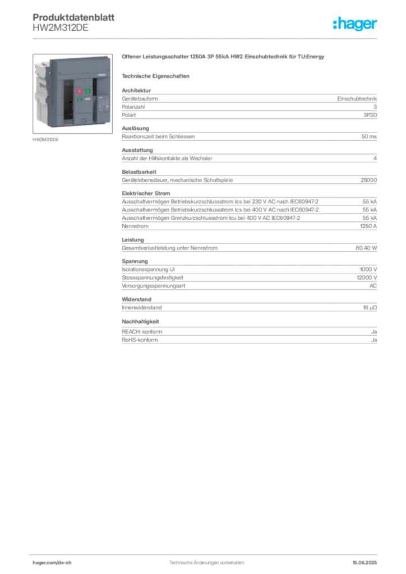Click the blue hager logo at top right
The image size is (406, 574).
pos(356,24)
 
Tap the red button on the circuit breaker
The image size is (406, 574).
pos(79,91)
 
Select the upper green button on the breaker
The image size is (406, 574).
pos(87,91)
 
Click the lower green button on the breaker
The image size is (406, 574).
pos(79,100)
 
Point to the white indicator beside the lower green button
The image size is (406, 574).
pos(88,100)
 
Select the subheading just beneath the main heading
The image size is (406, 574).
pos(157,76)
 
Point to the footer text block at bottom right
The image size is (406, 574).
pos(367,561)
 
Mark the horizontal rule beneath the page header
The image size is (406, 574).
pos(206,38)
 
